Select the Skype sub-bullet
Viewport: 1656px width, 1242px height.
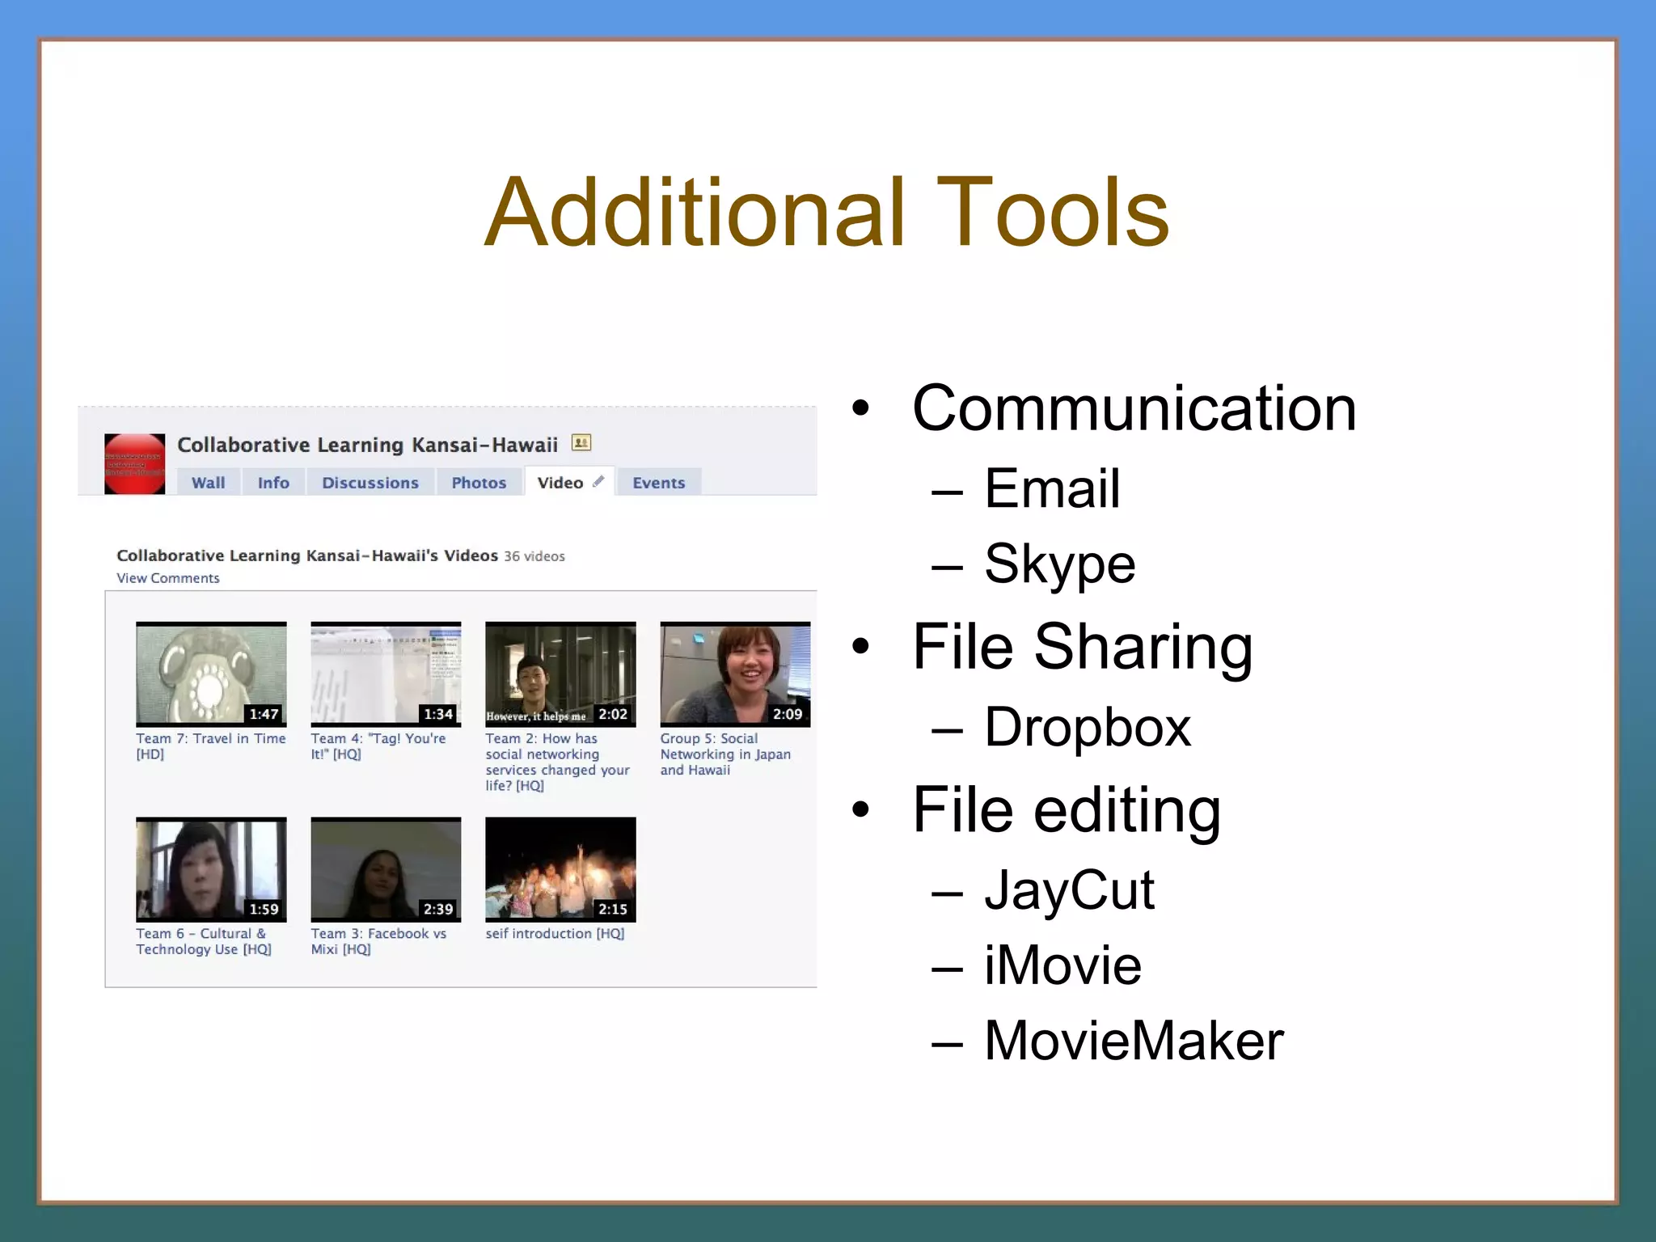[x=1059, y=564]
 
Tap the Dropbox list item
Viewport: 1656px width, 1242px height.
[x=1087, y=727]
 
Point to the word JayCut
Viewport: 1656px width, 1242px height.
[x=1069, y=890]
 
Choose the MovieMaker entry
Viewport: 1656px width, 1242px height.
[x=1133, y=1041]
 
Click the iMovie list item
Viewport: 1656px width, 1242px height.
[x=1062, y=965]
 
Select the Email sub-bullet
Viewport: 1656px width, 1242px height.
[x=1052, y=488]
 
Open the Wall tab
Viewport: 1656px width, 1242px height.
[x=209, y=483]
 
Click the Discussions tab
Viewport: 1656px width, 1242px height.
[x=370, y=483]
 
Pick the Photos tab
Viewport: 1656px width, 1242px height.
[x=479, y=483]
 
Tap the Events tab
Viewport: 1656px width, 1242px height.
[x=658, y=483]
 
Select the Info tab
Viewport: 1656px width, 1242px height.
[x=273, y=483]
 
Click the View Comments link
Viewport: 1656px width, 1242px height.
[x=168, y=578]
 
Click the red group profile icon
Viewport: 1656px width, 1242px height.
[x=134, y=464]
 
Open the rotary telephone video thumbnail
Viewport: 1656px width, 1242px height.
[x=211, y=673]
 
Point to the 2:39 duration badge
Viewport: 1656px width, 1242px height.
[x=438, y=909]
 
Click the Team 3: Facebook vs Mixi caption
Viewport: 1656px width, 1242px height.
[x=378, y=941]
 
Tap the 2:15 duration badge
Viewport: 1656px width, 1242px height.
[x=613, y=909]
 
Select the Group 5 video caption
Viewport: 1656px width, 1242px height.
[x=724, y=754]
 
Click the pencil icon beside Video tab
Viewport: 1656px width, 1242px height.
[x=598, y=482]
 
